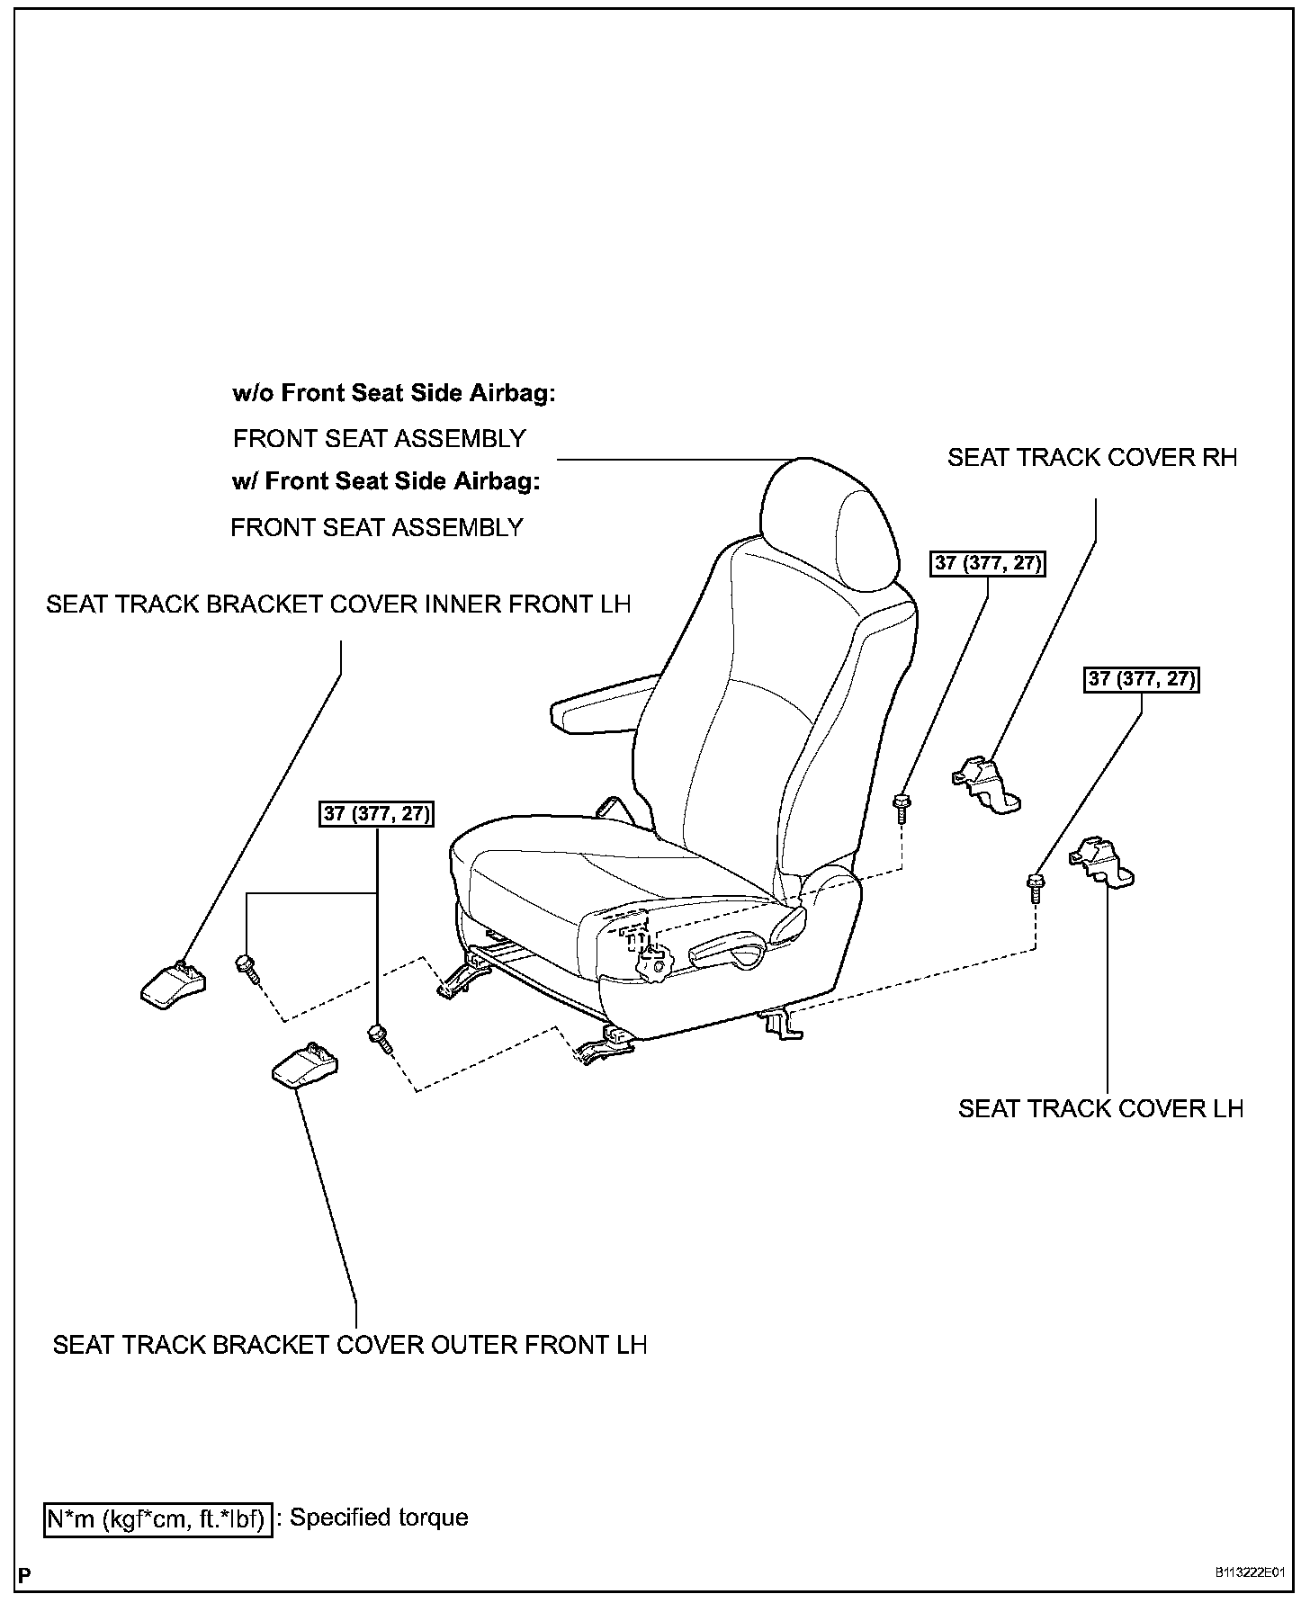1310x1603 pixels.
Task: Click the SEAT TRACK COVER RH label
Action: click(x=1091, y=458)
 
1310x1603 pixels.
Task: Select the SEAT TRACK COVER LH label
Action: click(x=1099, y=1108)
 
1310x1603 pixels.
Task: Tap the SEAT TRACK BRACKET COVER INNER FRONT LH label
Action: click(x=338, y=604)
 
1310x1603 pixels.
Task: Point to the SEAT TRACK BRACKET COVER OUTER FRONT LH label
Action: click(x=350, y=1345)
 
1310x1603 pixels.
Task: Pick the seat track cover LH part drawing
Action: click(x=1101, y=862)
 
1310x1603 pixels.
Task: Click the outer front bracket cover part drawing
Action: click(x=305, y=1064)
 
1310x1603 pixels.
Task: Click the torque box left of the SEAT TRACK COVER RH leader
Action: click(x=988, y=564)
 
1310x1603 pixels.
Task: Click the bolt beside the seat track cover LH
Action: click(x=1036, y=886)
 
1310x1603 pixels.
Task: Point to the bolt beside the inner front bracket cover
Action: click(x=247, y=968)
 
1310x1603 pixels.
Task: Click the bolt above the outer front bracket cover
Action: click(x=379, y=1038)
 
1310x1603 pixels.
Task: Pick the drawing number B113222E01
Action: click(x=1250, y=1573)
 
